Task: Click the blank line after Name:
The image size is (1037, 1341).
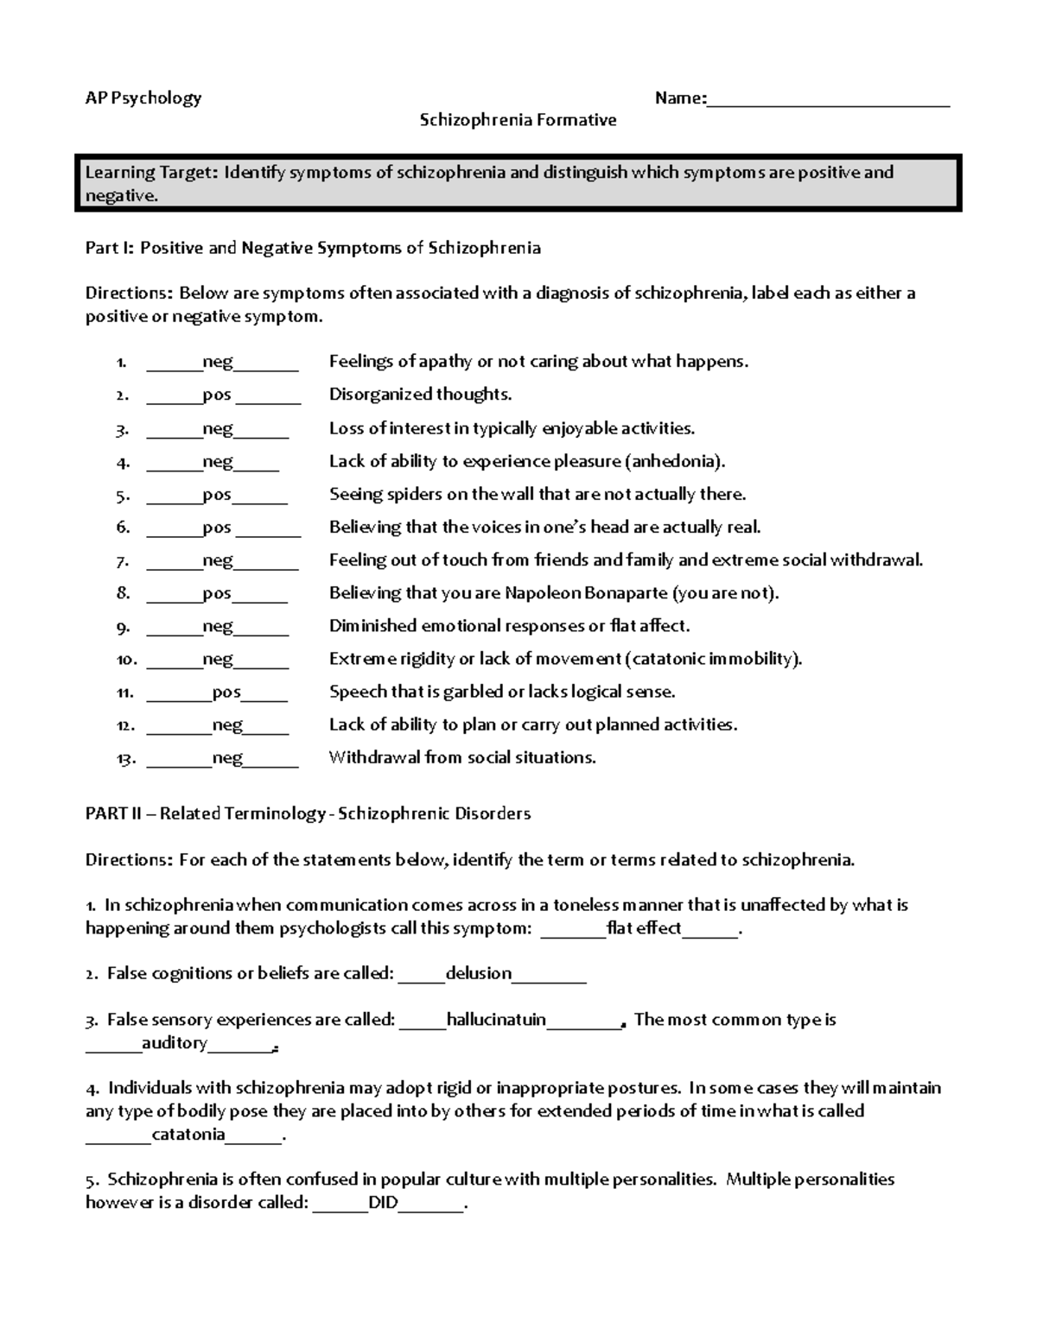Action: click(828, 99)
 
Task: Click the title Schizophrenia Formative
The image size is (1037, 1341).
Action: click(518, 120)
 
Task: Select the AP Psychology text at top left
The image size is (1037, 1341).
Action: click(143, 98)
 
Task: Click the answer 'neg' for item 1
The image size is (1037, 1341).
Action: click(218, 362)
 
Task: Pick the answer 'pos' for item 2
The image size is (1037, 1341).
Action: click(217, 395)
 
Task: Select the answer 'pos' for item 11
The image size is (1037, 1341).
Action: click(226, 693)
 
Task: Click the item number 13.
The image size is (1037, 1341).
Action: click(125, 759)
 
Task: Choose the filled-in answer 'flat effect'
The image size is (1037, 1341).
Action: click(644, 929)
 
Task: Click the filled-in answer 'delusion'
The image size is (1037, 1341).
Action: click(478, 974)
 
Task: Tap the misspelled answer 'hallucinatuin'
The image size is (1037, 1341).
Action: click(496, 1020)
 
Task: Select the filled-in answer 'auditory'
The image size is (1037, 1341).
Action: click(175, 1043)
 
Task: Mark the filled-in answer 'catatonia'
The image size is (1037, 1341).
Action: click(188, 1135)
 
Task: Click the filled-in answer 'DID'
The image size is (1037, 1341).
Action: click(383, 1203)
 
